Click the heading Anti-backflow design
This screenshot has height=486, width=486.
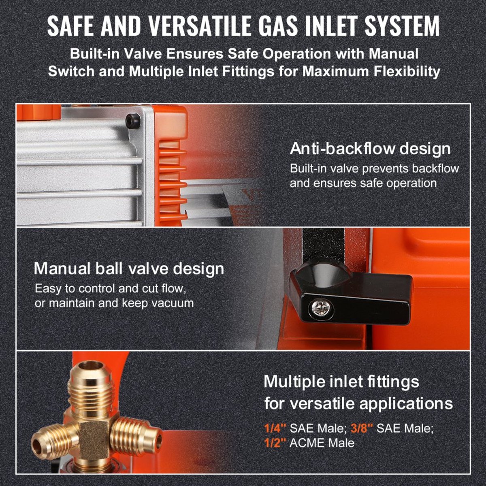pos(370,149)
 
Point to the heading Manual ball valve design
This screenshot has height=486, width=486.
pos(129,269)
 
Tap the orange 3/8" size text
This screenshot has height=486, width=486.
pos(362,428)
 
